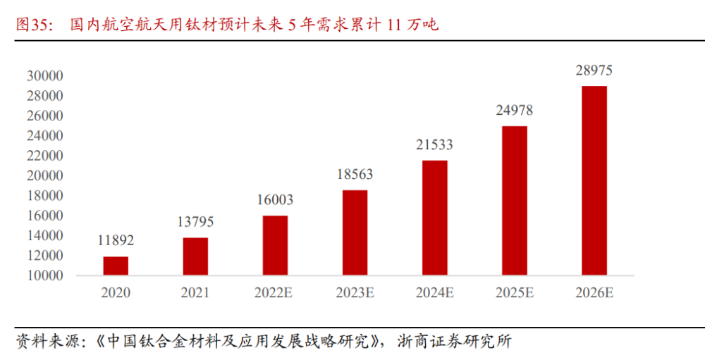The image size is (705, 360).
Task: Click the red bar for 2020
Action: point(116,266)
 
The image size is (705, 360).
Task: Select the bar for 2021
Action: point(195,256)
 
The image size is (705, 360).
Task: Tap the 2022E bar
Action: point(275,245)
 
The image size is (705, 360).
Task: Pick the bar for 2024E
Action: point(434,218)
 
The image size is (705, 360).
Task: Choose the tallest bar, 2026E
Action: point(594,180)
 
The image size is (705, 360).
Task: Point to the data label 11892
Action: point(116,241)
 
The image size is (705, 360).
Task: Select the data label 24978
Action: point(514,111)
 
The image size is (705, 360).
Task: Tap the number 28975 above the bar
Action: point(594,70)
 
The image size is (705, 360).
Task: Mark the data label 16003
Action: point(275,200)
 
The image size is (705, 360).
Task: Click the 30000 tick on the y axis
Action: point(45,76)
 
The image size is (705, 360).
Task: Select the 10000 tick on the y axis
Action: point(45,276)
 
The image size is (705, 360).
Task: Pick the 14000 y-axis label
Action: point(45,236)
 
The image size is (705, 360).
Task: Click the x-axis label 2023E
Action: point(355,293)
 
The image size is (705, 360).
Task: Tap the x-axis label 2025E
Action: point(514,293)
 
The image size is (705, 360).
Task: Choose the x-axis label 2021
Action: point(195,293)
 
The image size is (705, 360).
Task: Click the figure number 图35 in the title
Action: point(33,25)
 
